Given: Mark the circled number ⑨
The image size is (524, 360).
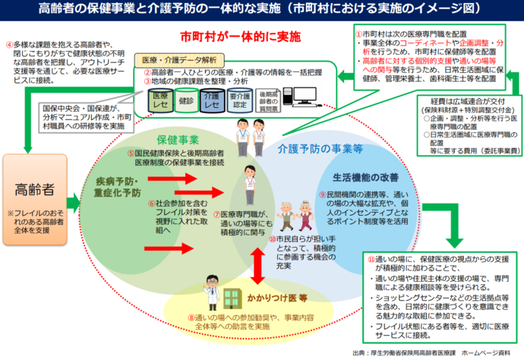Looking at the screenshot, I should click(322, 195).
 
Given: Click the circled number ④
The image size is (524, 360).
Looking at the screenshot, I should click(8, 44).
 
